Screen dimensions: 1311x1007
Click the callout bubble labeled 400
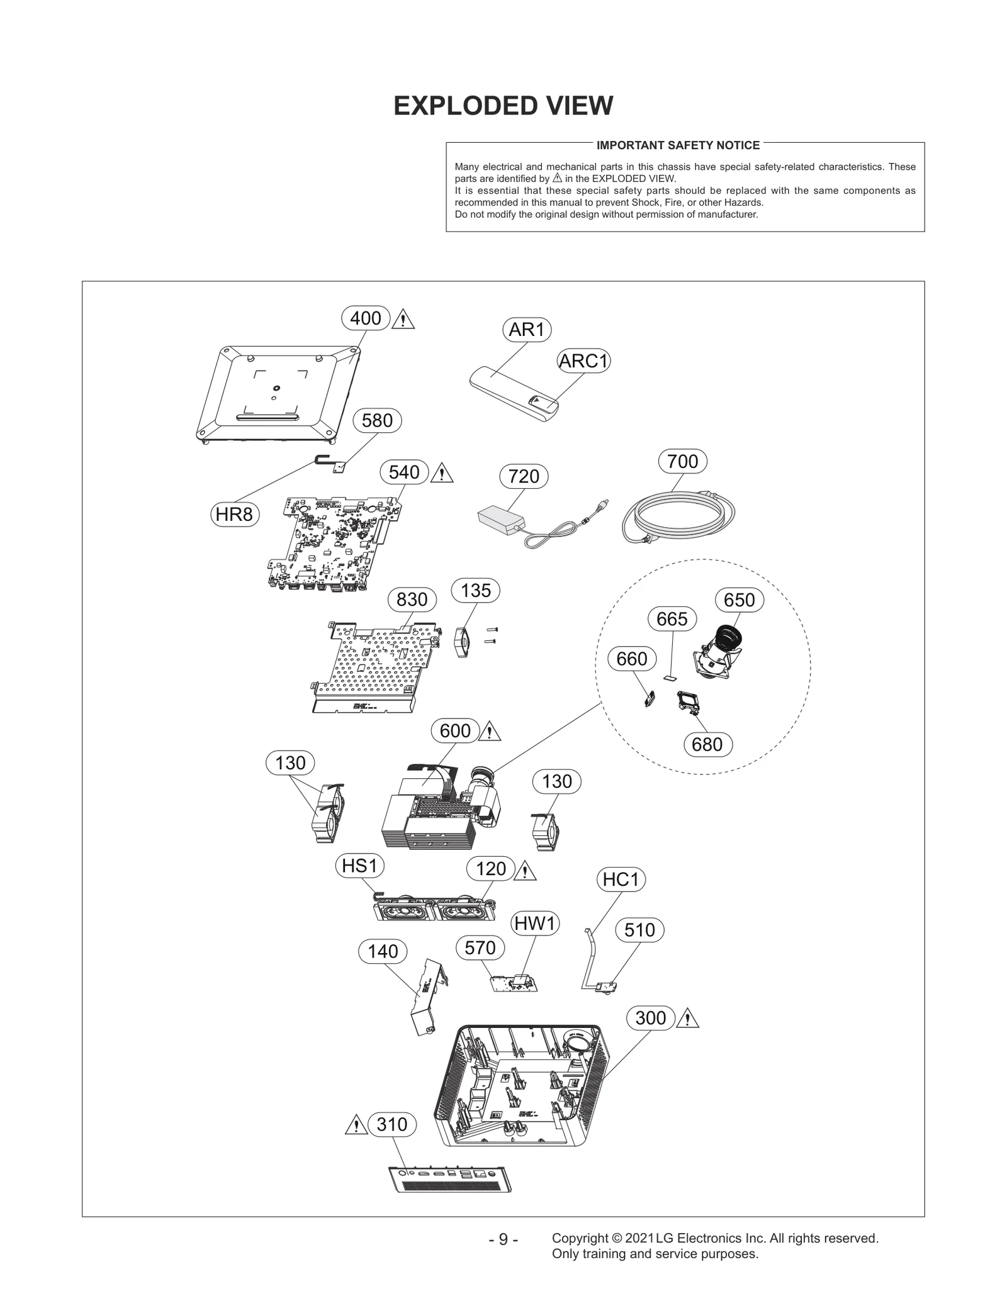(x=366, y=318)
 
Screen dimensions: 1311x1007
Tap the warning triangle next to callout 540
(x=442, y=472)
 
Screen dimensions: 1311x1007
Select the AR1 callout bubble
(x=527, y=329)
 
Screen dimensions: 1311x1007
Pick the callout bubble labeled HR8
(x=234, y=515)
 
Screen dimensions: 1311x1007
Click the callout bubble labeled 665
(x=672, y=619)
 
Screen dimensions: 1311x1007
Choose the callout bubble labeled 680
(x=707, y=744)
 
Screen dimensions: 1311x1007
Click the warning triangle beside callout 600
(x=490, y=732)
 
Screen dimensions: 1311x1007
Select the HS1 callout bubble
(x=359, y=866)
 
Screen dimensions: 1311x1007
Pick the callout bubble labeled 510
(x=639, y=930)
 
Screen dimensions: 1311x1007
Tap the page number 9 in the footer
(x=503, y=1239)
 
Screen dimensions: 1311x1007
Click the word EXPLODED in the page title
(x=451, y=106)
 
